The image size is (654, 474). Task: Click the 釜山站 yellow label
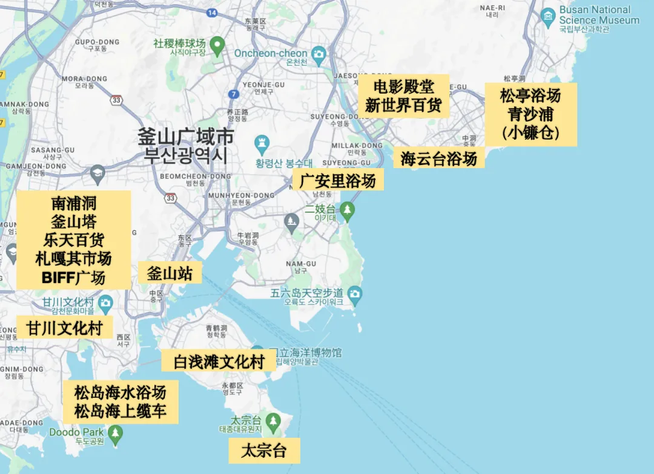(170, 273)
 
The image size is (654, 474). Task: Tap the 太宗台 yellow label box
(263, 450)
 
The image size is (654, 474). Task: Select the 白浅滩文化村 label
(219, 362)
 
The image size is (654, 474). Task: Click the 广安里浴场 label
(338, 180)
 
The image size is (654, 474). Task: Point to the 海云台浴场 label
(438, 158)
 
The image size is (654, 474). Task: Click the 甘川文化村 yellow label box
(64, 328)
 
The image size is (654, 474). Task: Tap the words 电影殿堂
(404, 86)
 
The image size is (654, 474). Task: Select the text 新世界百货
(404, 105)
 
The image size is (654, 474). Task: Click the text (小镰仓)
(530, 133)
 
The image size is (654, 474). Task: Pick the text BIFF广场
(73, 278)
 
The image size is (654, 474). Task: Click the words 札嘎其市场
(73, 259)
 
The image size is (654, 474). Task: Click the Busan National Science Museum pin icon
(549, 16)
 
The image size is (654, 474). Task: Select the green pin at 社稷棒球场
(217, 44)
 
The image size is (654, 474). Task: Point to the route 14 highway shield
(211, 12)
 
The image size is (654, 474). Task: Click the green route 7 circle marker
(234, 94)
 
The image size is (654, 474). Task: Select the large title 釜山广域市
(186, 135)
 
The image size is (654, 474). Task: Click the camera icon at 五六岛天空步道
(355, 294)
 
